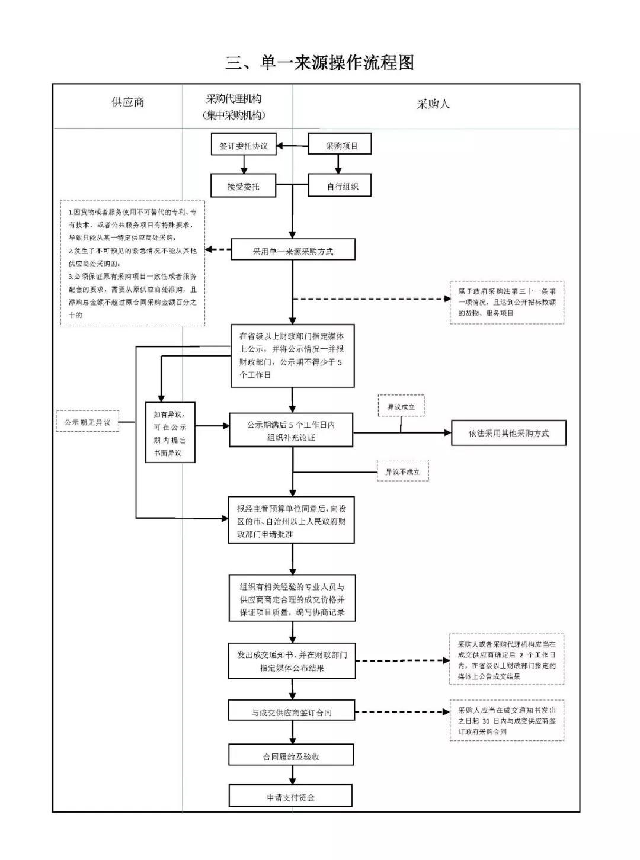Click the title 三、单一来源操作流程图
click(x=319, y=62)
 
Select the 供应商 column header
click(x=127, y=102)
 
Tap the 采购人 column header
click(x=433, y=104)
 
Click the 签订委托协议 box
click(x=244, y=145)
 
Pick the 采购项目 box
click(x=340, y=145)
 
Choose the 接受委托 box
click(x=243, y=186)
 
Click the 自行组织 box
click(x=340, y=186)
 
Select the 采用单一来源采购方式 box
click(x=293, y=251)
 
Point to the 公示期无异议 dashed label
click(x=88, y=422)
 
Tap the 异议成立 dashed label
click(x=401, y=407)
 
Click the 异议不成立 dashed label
click(x=402, y=471)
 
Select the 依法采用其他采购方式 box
click(x=508, y=433)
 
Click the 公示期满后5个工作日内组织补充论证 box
click(x=291, y=431)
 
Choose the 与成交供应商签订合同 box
click(x=292, y=712)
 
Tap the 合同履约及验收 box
click(x=291, y=756)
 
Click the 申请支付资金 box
click(x=290, y=797)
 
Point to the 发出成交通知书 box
click(x=292, y=661)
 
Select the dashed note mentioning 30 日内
click(x=507, y=720)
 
